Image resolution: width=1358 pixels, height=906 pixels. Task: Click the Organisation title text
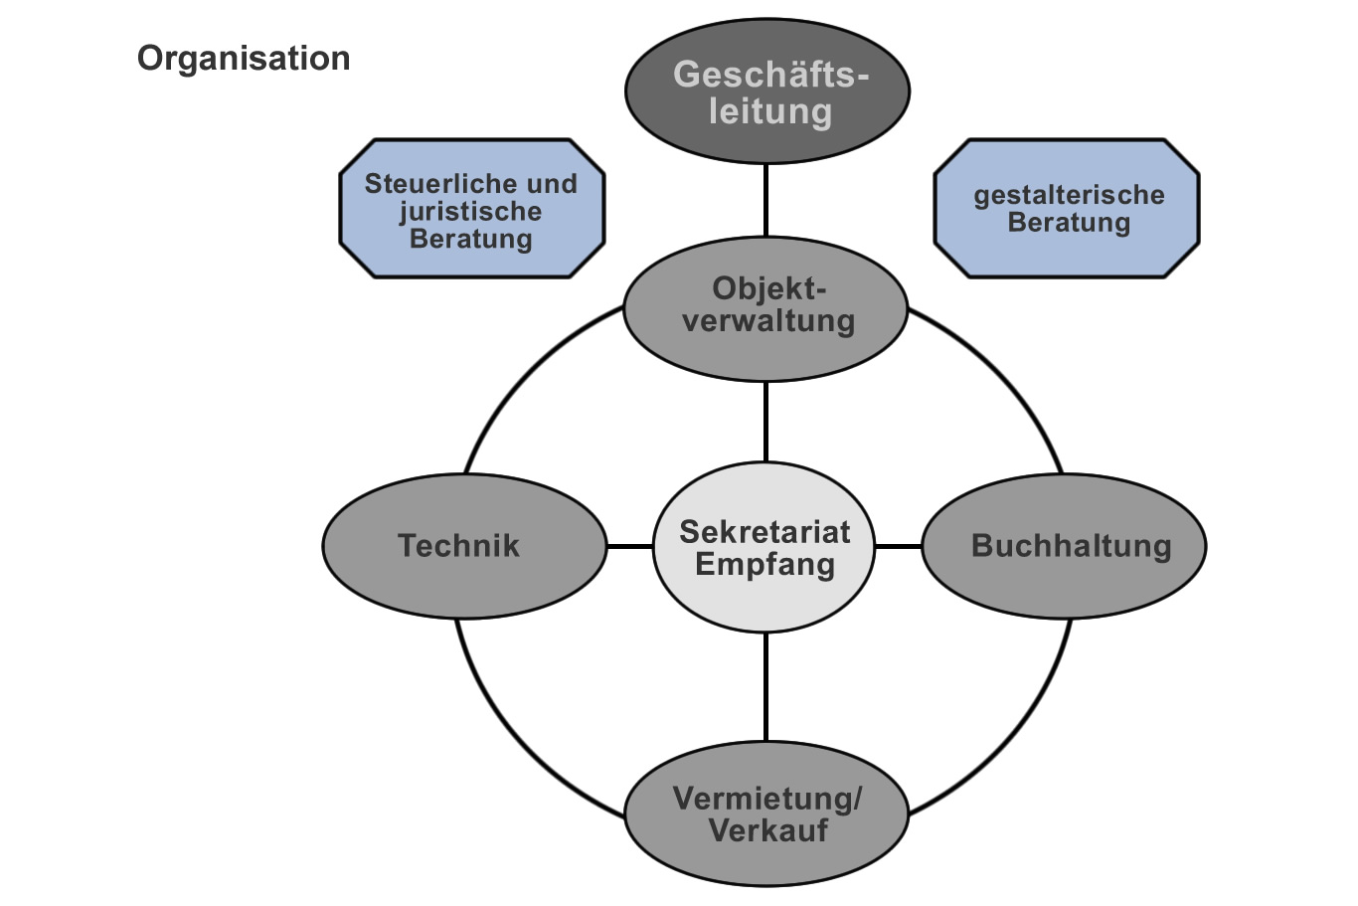click(x=244, y=59)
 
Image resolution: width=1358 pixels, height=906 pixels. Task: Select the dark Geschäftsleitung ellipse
click(x=766, y=91)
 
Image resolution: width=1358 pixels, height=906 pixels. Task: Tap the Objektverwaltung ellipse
click(x=766, y=308)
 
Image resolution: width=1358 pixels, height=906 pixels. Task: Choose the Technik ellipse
click(x=463, y=546)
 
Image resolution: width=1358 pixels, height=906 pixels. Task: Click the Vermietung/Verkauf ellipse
click(x=766, y=814)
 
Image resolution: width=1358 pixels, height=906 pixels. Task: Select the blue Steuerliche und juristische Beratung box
click(x=471, y=209)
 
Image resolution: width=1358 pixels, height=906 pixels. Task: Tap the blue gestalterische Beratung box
click(x=1067, y=208)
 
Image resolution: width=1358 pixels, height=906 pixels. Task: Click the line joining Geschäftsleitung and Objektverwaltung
click(x=766, y=200)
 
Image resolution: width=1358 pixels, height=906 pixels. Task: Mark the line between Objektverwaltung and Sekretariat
click(x=766, y=422)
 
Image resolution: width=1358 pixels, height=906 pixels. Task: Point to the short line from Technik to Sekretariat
click(x=629, y=546)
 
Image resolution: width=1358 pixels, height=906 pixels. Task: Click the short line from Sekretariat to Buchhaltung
click(x=899, y=546)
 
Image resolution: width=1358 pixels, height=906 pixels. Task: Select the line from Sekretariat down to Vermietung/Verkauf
click(x=766, y=686)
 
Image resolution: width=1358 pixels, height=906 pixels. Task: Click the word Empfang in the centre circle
click(x=764, y=565)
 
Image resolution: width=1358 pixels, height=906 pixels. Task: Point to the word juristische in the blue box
click(x=470, y=211)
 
